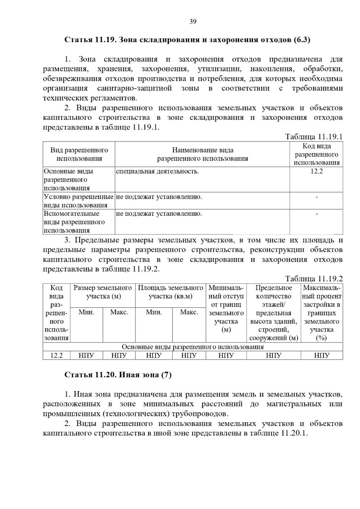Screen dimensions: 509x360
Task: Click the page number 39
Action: (193, 22)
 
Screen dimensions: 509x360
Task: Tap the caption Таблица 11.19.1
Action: (314, 137)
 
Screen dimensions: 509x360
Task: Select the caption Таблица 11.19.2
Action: (314, 279)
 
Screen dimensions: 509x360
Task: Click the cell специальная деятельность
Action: (157, 171)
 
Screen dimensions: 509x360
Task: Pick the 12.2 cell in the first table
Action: (316, 171)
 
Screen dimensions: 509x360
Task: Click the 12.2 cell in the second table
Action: (56, 356)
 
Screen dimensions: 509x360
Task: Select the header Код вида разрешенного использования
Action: (316, 154)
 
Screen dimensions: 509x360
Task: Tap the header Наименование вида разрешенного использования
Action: (202, 154)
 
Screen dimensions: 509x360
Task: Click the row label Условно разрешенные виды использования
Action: (79, 201)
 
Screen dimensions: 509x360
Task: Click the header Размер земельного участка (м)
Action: (103, 292)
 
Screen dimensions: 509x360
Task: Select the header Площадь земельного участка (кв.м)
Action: (170, 292)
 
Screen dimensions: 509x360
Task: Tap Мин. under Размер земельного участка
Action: (86, 312)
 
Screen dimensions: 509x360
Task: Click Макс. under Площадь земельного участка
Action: (189, 312)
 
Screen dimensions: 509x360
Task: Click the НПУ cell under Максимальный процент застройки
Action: (322, 356)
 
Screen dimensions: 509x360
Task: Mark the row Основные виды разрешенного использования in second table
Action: (193, 347)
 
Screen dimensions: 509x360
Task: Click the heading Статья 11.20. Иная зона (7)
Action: (118, 375)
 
